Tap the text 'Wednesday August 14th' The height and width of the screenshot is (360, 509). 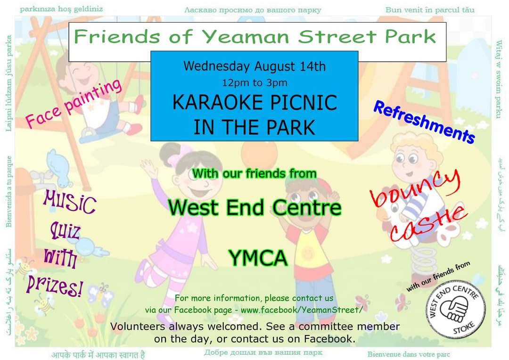pyautogui.click(x=254, y=66)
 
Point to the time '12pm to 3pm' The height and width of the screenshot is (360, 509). pyautogui.click(x=254, y=83)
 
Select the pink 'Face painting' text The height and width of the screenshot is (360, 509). pyautogui.click(x=74, y=103)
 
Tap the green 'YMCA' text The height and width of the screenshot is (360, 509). pyautogui.click(x=258, y=258)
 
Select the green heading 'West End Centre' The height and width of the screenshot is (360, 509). pyautogui.click(x=254, y=207)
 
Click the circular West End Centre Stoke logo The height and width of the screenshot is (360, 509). pyautogui.click(x=456, y=309)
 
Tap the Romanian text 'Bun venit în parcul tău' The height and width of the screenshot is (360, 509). pyautogui.click(x=430, y=9)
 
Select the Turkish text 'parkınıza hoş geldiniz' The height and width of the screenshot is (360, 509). pyautogui.click(x=61, y=9)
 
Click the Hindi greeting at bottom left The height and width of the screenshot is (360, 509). pyautogui.click(x=99, y=354)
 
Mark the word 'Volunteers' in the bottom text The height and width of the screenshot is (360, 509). pyautogui.click(x=137, y=326)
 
